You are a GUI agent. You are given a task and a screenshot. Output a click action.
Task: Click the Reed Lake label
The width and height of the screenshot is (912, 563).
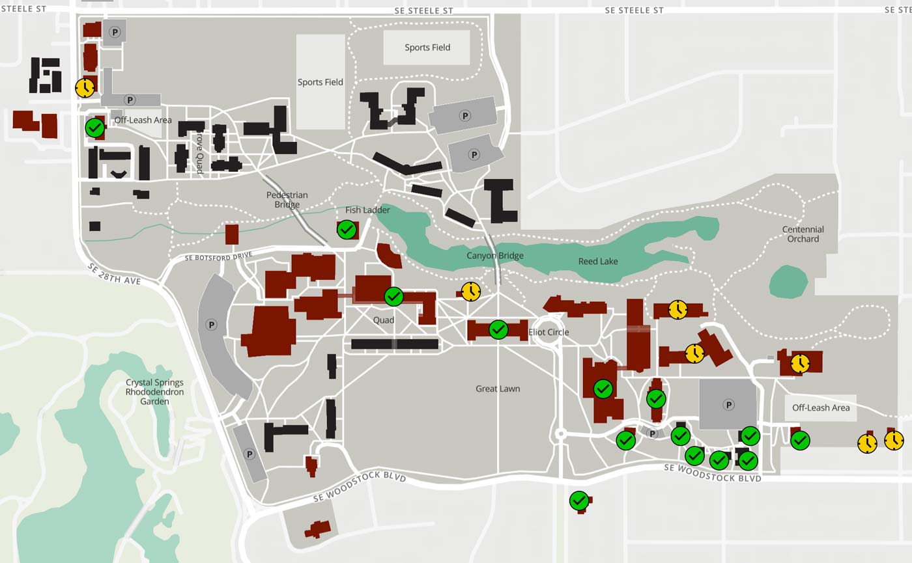[597, 262]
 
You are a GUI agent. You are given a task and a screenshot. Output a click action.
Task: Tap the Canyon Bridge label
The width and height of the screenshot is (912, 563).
[495, 256]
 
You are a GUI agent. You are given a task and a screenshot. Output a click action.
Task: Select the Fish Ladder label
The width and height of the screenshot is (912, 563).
[367, 210]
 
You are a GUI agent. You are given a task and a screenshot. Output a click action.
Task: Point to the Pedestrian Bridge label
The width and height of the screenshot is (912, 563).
[287, 200]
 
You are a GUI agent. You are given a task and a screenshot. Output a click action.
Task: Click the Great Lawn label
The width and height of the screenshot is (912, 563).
[498, 389]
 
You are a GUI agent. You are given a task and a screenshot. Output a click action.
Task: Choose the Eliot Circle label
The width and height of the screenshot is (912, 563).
[549, 333]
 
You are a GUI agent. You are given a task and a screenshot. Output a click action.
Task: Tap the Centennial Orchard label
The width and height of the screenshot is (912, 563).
[803, 234]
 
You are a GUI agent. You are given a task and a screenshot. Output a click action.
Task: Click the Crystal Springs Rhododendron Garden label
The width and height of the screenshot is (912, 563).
[154, 392]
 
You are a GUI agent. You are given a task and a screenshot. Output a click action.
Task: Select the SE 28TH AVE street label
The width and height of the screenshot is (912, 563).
[124, 274]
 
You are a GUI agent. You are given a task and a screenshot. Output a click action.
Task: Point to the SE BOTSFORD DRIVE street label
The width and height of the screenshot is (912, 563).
[218, 256]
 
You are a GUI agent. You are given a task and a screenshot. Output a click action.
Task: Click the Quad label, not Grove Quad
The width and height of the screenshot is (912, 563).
[384, 320]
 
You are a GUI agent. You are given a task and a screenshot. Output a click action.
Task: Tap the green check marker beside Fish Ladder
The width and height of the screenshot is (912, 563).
[347, 229]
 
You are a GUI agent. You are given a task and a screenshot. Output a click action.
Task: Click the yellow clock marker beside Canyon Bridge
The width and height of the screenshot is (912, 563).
[471, 291]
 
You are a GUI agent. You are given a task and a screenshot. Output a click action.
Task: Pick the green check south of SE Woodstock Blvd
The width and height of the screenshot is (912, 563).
[579, 501]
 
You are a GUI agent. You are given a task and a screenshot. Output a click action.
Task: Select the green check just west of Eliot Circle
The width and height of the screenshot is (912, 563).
[498, 329]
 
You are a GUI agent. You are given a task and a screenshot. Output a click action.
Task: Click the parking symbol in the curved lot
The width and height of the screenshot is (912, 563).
[211, 324]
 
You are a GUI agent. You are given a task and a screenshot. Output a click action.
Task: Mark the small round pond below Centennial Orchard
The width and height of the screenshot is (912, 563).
[788, 282]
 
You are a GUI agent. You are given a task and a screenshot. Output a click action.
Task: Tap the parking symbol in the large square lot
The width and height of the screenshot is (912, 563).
[728, 405]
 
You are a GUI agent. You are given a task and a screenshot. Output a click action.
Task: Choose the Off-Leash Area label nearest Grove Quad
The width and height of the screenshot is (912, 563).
[143, 120]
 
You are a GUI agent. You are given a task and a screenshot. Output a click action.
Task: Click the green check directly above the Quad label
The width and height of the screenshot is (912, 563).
[393, 297]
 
